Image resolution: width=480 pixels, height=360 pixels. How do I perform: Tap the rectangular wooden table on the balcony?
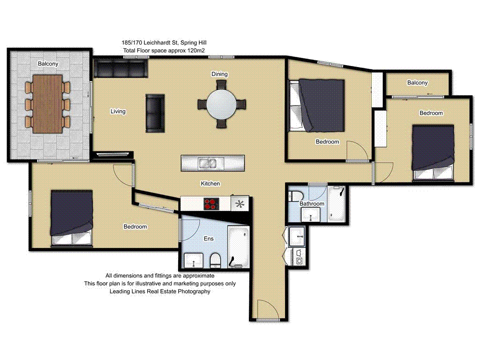coord(48,103)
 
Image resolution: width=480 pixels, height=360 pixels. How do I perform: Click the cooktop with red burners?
coord(211,204)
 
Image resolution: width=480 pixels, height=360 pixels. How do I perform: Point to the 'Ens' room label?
coord(209,239)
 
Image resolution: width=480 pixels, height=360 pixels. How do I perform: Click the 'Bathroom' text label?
coord(312,204)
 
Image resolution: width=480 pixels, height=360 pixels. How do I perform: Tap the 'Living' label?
coord(118,112)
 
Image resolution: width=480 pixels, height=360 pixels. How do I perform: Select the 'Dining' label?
coord(219,74)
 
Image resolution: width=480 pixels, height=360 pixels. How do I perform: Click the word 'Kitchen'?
coord(210,184)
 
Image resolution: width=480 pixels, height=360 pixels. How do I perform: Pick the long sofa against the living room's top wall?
coord(120,68)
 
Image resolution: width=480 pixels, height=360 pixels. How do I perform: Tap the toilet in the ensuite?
coord(215,259)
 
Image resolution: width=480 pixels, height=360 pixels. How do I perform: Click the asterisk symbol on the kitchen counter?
coord(240,204)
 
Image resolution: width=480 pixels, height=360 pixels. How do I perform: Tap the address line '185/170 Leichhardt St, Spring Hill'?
coord(164,43)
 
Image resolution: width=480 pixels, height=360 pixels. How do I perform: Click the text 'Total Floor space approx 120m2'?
coord(164,50)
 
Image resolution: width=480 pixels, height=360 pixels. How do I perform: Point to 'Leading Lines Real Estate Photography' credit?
coord(160,291)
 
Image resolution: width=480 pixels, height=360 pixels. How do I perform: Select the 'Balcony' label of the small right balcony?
coord(417,82)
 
